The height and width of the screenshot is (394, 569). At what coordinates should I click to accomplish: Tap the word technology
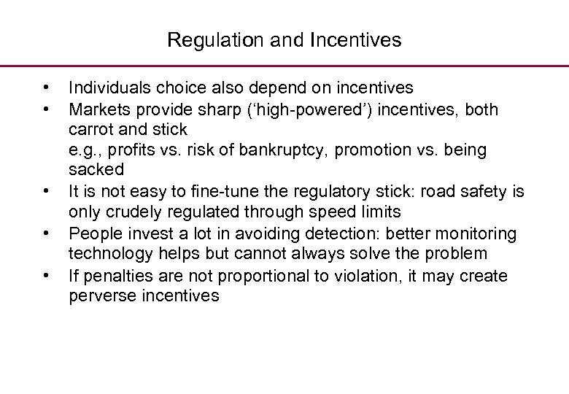pos(107,254)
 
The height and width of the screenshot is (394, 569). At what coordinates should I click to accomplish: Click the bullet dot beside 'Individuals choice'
pos(45,88)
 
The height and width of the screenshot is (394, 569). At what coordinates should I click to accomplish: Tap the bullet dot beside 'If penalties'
pos(45,275)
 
